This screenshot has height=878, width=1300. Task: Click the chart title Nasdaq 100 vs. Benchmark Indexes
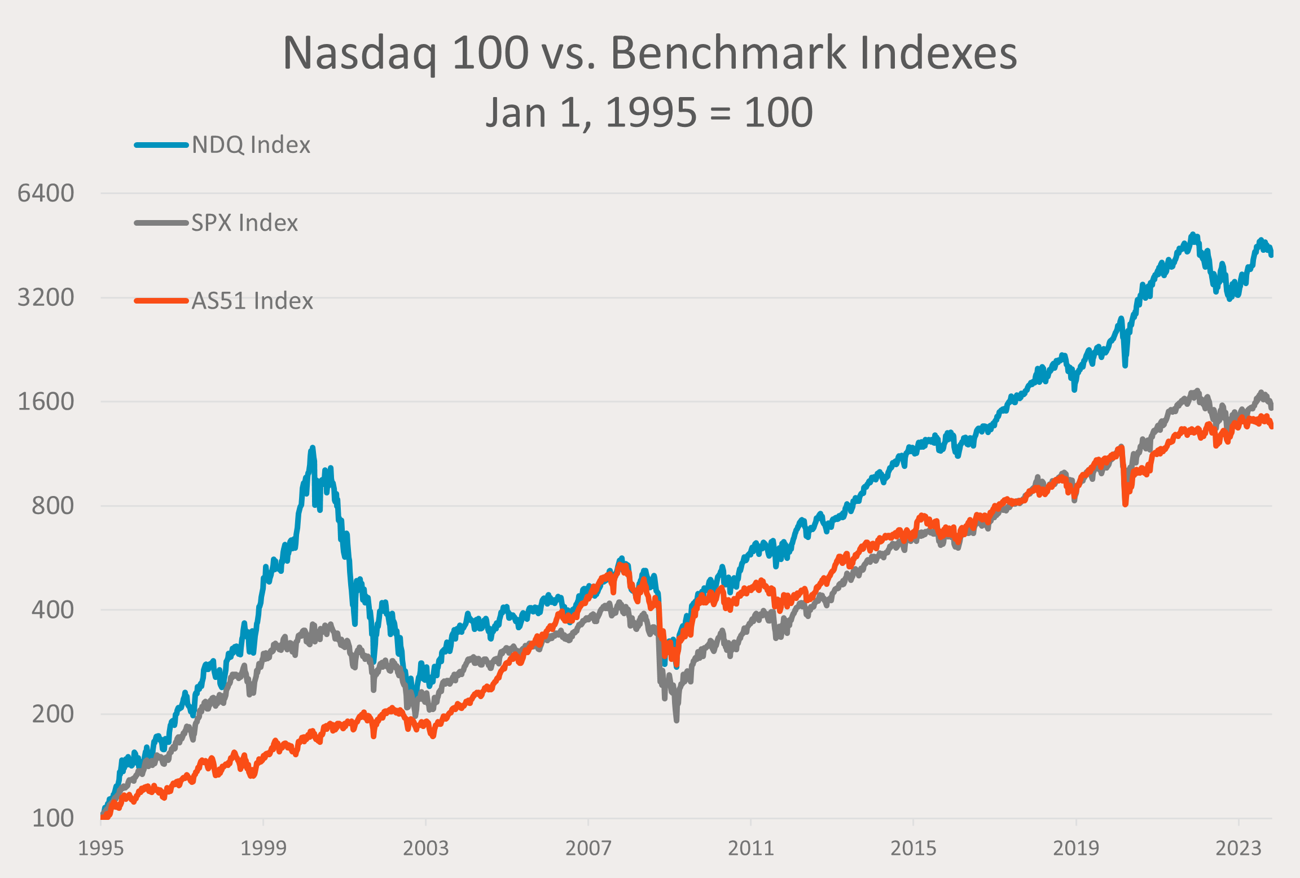click(649, 53)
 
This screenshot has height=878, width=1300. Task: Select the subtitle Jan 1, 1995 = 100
click(649, 112)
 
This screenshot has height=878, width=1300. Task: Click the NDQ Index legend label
click(251, 145)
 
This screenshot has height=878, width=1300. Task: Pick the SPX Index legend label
click(244, 223)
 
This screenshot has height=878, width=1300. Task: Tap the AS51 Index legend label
click(252, 301)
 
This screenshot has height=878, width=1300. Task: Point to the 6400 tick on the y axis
click(46, 193)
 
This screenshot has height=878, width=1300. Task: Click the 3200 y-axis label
click(46, 297)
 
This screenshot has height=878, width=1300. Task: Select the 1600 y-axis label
click(46, 402)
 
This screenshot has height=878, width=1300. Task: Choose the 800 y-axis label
click(52, 506)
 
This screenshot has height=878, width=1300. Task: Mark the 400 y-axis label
click(52, 610)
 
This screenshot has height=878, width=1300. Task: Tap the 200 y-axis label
click(52, 714)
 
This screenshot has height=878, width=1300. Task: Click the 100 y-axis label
click(52, 818)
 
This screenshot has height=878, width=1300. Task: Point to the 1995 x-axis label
click(101, 848)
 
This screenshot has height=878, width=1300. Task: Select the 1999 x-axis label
click(263, 848)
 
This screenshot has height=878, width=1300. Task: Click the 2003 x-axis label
click(426, 848)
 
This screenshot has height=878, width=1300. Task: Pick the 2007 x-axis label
click(588, 848)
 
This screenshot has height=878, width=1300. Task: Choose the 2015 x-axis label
click(913, 848)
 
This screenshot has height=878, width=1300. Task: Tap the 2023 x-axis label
click(1238, 848)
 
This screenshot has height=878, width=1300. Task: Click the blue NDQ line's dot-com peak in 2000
click(312, 448)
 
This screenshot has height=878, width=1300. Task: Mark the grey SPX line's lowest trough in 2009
click(677, 719)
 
